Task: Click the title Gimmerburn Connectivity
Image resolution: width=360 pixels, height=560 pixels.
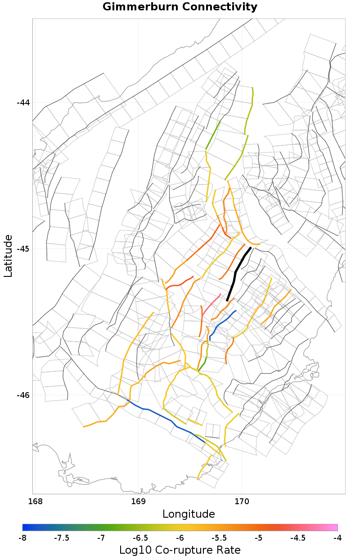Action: point(180,7)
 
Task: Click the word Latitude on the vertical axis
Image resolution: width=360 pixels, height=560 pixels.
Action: point(8,255)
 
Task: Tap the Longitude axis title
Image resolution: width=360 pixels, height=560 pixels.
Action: point(189,514)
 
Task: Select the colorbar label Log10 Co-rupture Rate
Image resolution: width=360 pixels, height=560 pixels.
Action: point(180,550)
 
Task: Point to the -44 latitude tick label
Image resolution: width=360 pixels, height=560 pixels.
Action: point(23,103)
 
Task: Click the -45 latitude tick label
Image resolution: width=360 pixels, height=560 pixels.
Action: point(23,249)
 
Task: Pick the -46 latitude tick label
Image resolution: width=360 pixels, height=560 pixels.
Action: point(23,395)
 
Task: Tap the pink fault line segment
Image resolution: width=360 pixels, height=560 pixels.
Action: point(211,304)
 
